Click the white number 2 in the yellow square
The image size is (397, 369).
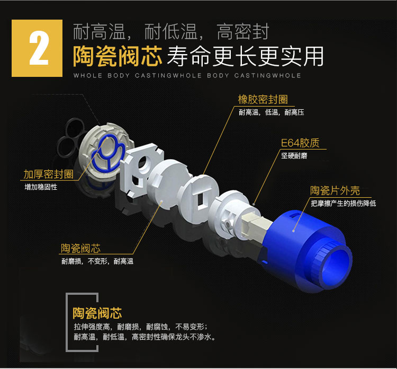[38, 48]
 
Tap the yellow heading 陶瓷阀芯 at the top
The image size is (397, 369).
[118, 56]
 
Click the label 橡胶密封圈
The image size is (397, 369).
[263, 100]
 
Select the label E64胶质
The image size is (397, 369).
[300, 143]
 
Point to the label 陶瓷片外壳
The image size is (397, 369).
[335, 191]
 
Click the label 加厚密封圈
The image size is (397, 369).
[48, 174]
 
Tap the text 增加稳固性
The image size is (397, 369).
[41, 187]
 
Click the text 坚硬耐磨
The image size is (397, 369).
[294, 156]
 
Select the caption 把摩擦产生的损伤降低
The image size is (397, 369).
[344, 204]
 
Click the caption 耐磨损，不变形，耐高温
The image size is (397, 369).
[97, 261]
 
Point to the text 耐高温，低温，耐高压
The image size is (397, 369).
[272, 112]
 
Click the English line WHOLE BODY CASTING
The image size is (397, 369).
[187, 76]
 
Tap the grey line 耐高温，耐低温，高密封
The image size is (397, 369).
[171, 32]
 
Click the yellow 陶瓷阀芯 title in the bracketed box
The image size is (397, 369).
[97, 313]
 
